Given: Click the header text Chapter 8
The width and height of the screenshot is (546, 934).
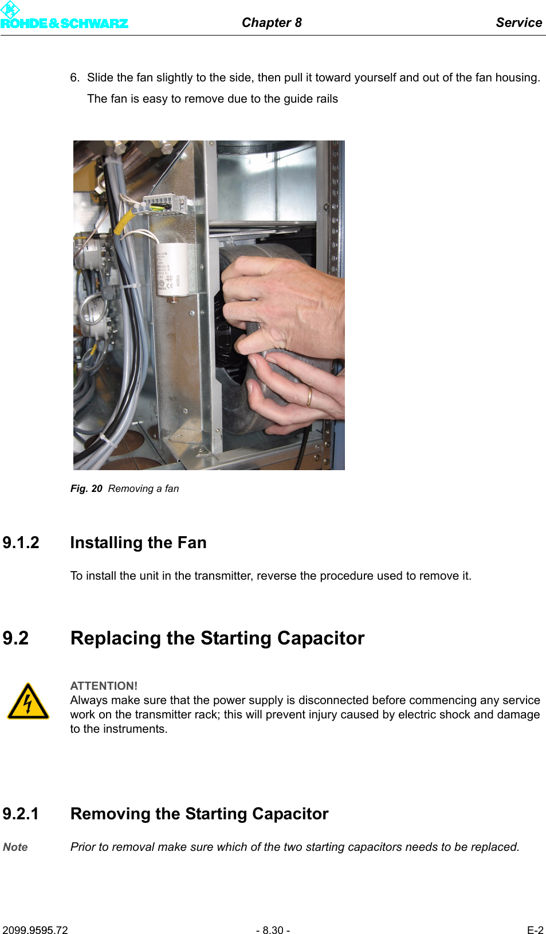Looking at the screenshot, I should point(272,22).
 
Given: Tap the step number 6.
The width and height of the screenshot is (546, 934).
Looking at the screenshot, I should point(74,77).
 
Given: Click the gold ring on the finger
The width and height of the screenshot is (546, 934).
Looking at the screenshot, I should point(309,396).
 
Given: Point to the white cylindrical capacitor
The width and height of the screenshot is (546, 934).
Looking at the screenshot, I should point(171,269).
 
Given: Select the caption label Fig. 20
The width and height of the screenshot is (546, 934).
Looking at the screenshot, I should point(86,489).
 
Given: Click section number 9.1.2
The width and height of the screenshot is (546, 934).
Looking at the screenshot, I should point(21,542).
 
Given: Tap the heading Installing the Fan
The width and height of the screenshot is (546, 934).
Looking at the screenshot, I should point(138,542).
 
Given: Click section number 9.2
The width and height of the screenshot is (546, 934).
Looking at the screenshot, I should point(15,638).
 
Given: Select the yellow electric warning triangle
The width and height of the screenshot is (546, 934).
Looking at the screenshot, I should point(28,702).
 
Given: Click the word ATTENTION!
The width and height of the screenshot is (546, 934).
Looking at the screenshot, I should point(104,686).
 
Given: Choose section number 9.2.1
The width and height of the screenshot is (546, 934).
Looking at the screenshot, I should point(21,814).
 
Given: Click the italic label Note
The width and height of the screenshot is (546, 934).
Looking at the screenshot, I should point(15,847).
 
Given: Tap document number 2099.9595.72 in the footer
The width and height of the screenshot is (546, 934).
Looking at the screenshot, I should point(35,930).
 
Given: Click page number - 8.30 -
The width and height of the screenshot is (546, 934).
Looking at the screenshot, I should point(273,930).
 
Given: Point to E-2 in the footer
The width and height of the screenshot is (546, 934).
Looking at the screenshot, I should point(535,930).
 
